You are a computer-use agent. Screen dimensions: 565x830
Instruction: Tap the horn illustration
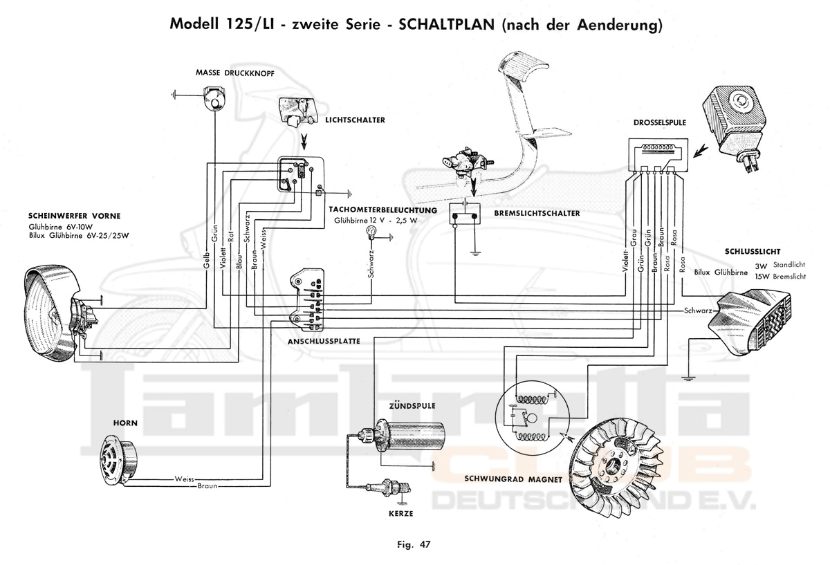117,458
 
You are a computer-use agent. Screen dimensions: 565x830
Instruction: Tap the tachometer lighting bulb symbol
371,237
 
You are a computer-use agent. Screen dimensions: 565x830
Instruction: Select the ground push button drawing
214,99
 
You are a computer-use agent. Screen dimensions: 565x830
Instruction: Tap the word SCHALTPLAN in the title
446,26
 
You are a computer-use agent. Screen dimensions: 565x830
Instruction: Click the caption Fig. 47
415,544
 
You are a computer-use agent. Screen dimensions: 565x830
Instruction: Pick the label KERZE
400,515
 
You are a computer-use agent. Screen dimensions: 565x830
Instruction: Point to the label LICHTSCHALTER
355,120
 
